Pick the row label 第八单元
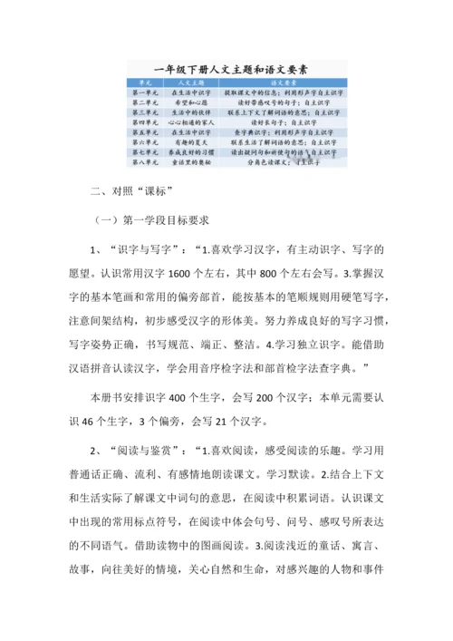(145, 162)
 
